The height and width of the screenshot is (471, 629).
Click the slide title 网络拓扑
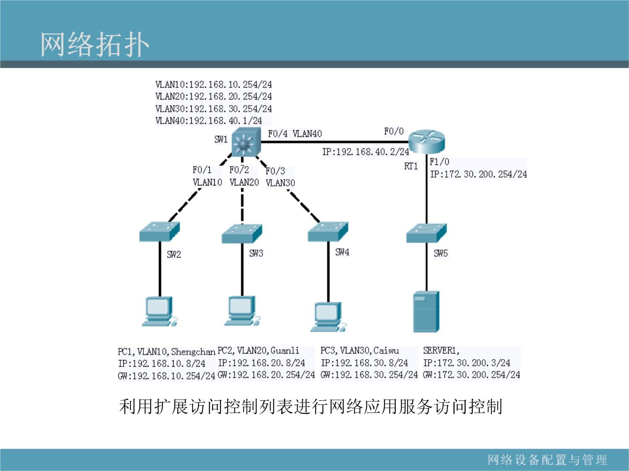click(95, 44)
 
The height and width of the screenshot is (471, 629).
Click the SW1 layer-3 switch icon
click(246, 142)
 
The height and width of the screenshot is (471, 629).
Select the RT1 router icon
click(427, 142)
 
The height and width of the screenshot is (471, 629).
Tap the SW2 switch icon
click(160, 232)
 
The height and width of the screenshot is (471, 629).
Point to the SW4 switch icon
click(328, 232)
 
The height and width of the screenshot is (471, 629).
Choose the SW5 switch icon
click(426, 233)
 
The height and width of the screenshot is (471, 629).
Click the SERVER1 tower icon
click(426, 311)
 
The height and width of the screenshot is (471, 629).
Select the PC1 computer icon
click(160, 311)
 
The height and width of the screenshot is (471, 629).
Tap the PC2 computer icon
click(242, 311)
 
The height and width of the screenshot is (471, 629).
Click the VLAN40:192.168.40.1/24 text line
click(208, 121)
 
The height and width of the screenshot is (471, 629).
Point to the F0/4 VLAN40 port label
click(295, 134)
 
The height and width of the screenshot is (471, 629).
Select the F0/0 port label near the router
click(394, 131)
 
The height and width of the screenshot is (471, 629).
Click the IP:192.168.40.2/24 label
click(366, 152)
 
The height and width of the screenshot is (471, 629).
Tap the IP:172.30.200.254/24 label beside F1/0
click(478, 174)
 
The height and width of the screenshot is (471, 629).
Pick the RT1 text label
click(411, 166)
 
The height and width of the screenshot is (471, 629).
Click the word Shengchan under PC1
click(193, 351)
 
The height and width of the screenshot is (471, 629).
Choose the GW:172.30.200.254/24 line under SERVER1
click(471, 375)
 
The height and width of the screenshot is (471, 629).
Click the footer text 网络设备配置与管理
click(547, 460)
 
